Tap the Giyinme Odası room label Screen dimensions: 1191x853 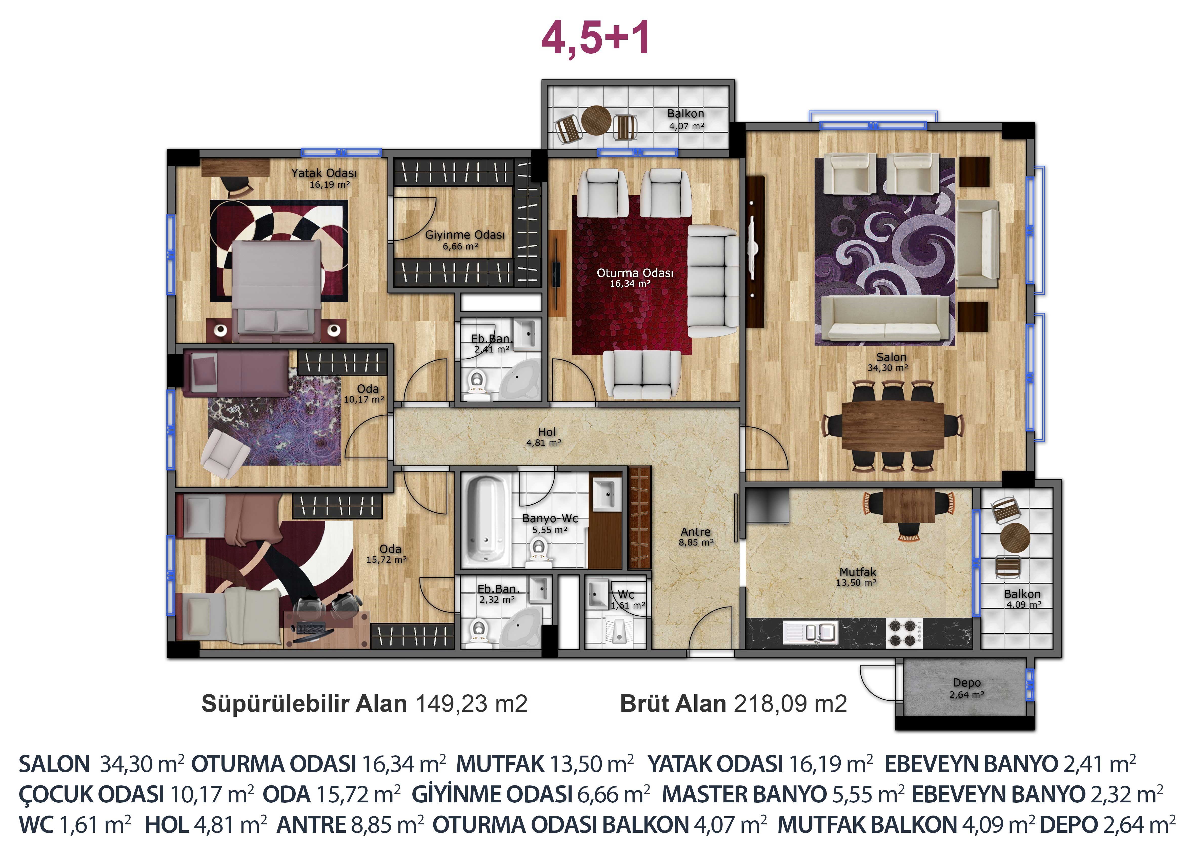(465, 235)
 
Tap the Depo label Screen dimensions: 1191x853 (967, 682)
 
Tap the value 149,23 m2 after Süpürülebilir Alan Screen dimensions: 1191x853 (472, 703)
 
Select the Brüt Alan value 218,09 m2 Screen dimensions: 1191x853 (790, 703)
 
